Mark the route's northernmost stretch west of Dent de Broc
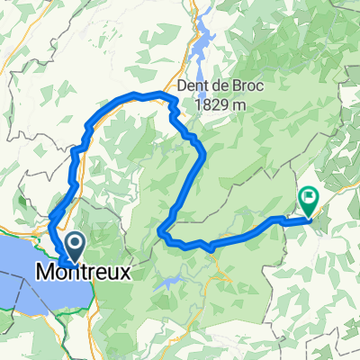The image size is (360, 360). click(135, 94)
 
